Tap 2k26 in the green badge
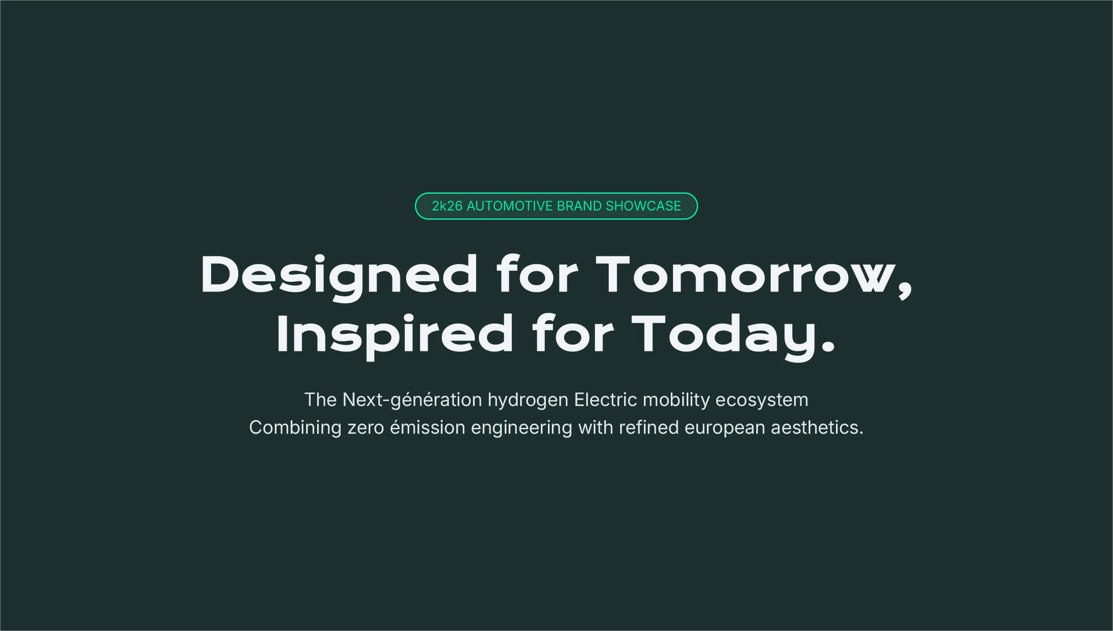447,206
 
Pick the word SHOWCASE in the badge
643,206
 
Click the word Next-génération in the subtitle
412,400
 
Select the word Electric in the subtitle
606,400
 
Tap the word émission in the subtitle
428,428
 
